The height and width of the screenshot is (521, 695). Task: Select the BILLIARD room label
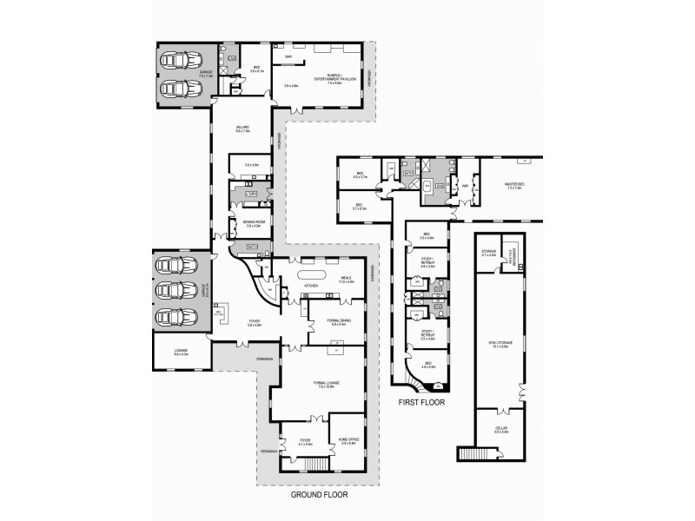point(243,129)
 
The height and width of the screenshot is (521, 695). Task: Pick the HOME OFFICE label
point(349,442)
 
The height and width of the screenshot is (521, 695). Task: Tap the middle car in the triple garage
point(171,290)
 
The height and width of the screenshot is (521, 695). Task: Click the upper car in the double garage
point(179,61)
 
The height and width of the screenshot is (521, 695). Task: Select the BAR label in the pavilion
point(286,59)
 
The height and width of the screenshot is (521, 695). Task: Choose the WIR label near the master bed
point(466,185)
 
